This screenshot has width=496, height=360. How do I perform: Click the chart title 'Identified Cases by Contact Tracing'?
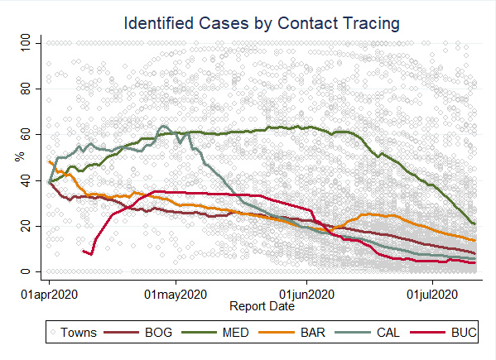pyautogui.click(x=262, y=24)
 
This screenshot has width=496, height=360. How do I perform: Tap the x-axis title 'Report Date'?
pyautogui.click(x=262, y=306)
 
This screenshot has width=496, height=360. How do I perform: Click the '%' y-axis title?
pyautogui.click(x=20, y=156)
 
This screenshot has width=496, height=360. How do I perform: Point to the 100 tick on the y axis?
pyautogui.click(x=26, y=43)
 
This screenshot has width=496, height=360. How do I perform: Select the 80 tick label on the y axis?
pyautogui.click(x=26, y=89)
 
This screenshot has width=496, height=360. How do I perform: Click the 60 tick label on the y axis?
pyautogui.click(x=26, y=135)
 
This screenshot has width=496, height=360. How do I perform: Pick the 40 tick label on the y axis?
pyautogui.click(x=26, y=180)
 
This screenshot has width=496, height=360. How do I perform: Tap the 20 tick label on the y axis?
pyautogui.click(x=26, y=226)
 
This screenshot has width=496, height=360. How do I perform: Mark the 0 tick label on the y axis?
pyautogui.click(x=26, y=271)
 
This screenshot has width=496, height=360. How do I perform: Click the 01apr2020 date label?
pyautogui.click(x=49, y=295)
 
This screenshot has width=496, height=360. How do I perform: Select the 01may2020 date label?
pyautogui.click(x=176, y=295)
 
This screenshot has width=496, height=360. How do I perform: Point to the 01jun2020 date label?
pyautogui.click(x=306, y=295)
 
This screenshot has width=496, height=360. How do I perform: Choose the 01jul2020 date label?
pyautogui.click(x=432, y=295)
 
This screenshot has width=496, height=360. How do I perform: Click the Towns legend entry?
pyautogui.click(x=74, y=333)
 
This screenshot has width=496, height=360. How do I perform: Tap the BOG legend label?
pyautogui.click(x=158, y=333)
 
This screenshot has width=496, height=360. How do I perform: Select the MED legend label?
pyautogui.click(x=236, y=333)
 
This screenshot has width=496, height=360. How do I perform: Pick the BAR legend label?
pyautogui.click(x=312, y=333)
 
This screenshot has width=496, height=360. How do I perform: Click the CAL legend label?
pyautogui.click(x=388, y=333)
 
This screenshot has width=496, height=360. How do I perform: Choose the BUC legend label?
pyautogui.click(x=464, y=333)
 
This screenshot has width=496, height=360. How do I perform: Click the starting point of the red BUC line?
pyautogui.click(x=83, y=252)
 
